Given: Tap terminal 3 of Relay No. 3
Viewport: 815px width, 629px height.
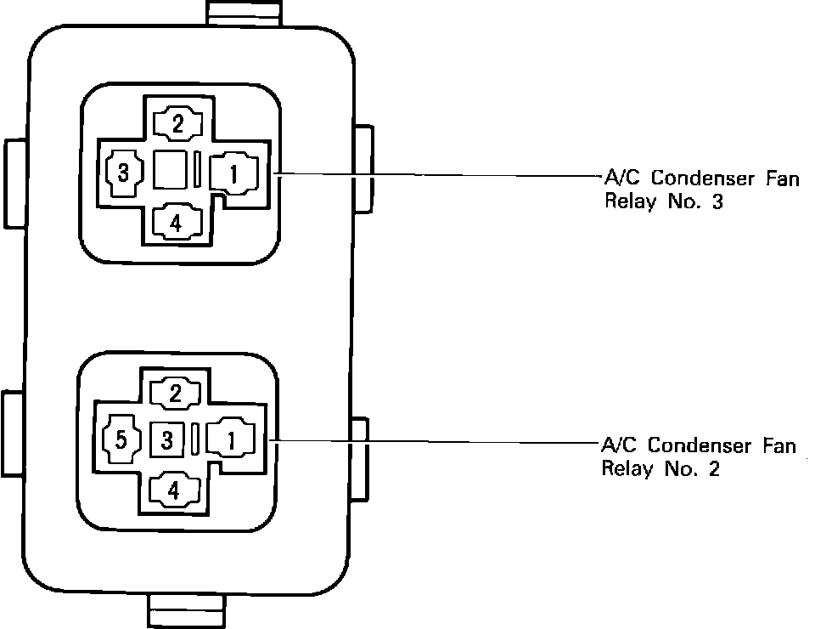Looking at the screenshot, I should tap(123, 173).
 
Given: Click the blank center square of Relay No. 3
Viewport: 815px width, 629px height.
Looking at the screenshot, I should tap(171, 170).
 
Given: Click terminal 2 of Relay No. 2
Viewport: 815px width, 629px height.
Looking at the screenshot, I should tap(176, 393).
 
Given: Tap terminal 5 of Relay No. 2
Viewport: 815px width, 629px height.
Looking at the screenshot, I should tap(121, 440).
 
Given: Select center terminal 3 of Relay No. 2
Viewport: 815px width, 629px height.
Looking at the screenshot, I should tap(167, 439).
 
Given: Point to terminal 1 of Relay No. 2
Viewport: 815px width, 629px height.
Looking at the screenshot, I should tap(230, 439).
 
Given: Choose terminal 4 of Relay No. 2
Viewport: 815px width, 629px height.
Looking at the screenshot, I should tap(174, 490).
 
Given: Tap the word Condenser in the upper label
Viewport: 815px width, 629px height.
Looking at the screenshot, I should tap(694, 179).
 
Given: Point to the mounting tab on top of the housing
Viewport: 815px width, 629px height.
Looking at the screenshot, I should tap(244, 12).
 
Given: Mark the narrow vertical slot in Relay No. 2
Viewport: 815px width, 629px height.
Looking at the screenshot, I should tap(196, 439).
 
